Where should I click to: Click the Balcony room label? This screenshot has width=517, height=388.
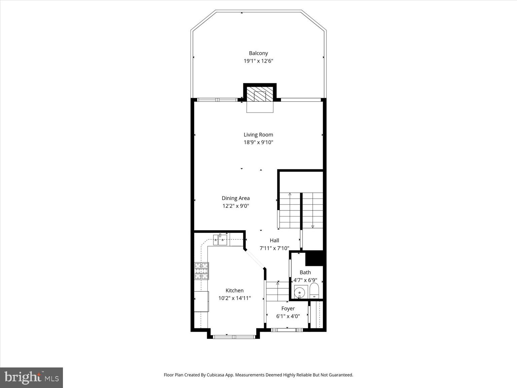pyautogui.click(x=258, y=53)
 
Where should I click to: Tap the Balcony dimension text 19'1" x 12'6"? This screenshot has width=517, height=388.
pyautogui.click(x=258, y=61)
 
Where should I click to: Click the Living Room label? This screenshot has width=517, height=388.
pyautogui.click(x=258, y=135)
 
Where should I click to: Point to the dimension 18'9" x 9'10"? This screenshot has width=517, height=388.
pyautogui.click(x=258, y=142)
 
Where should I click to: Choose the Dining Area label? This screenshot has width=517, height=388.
pyautogui.click(x=236, y=198)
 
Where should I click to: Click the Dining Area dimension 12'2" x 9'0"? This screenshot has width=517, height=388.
pyautogui.click(x=236, y=206)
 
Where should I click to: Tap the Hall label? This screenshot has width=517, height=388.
pyautogui.click(x=274, y=240)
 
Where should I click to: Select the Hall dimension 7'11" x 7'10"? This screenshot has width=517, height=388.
pyautogui.click(x=274, y=248)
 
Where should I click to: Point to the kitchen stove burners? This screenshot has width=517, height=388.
pyautogui.click(x=201, y=271)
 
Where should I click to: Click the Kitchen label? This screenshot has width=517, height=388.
pyautogui.click(x=235, y=290)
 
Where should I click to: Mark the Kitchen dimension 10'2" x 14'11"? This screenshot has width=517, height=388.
pyautogui.click(x=235, y=298)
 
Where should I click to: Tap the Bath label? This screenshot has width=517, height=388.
pyautogui.click(x=305, y=272)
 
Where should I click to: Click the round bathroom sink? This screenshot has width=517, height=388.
pyautogui.click(x=300, y=292)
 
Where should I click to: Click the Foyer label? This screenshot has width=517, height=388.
pyautogui.click(x=288, y=309)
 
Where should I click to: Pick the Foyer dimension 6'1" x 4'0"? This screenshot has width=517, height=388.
pyautogui.click(x=288, y=316)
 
